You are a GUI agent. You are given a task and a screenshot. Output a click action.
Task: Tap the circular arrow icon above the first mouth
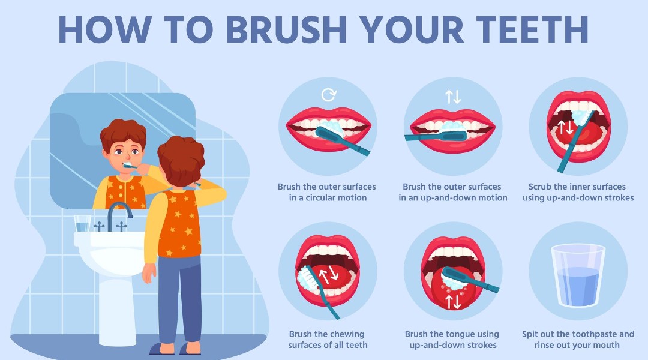(328, 95)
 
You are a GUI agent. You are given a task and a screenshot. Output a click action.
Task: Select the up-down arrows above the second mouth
(452, 96)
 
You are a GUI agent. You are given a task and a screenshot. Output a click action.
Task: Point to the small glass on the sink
(82, 223)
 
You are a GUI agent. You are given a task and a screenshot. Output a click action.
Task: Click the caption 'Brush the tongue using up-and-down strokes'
(452, 340)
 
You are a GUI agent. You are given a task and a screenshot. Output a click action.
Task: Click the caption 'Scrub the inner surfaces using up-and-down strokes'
(577, 192)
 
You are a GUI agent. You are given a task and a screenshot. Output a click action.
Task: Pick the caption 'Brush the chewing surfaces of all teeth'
(328, 340)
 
